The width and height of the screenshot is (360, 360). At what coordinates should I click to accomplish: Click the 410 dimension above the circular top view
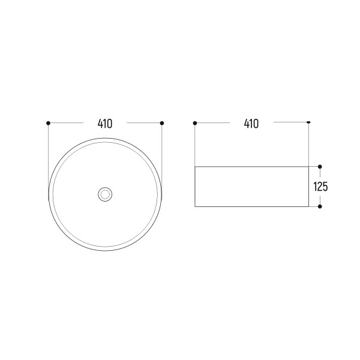click(105, 124)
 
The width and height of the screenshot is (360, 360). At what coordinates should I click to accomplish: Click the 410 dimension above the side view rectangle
click(251, 124)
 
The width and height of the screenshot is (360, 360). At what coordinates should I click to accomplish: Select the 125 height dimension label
click(320, 187)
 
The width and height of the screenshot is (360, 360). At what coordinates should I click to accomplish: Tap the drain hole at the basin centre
click(105, 194)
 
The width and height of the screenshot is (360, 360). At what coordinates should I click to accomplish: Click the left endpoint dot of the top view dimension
click(48, 123)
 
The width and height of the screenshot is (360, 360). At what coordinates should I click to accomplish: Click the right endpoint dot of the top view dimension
click(162, 123)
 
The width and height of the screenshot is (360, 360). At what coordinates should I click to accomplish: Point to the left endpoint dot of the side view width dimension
click(195, 123)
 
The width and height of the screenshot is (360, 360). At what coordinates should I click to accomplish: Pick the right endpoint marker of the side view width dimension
click(309, 122)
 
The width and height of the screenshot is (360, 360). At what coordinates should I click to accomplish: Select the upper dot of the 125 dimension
click(320, 167)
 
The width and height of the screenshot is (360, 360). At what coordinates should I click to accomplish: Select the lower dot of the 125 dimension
click(320, 206)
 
